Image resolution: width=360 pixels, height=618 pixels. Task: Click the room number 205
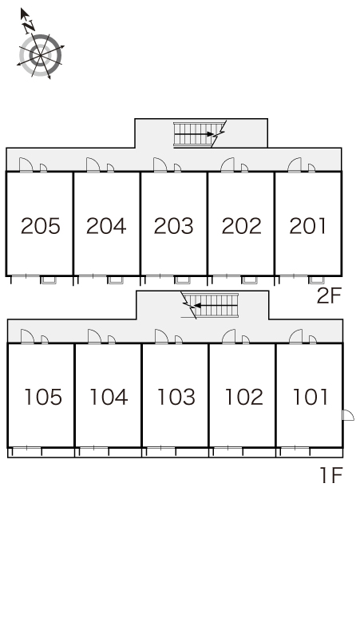tap(41, 226)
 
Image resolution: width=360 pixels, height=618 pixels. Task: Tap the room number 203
tap(174, 226)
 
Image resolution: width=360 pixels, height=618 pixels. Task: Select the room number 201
tap(307, 226)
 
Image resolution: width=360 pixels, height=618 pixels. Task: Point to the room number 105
tap(43, 397)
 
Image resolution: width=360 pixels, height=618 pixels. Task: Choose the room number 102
tap(243, 397)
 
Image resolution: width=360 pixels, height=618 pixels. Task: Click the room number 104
tap(109, 397)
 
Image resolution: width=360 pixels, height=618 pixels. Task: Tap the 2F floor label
tap(329, 296)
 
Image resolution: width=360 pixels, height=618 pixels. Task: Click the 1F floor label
tap(330, 475)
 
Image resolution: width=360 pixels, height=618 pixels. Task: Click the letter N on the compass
tap(29, 27)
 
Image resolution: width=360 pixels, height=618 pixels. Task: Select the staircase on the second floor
tap(198, 134)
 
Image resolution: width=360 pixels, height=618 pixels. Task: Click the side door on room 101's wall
tap(348, 415)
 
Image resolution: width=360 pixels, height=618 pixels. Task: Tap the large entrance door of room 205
tap(26, 164)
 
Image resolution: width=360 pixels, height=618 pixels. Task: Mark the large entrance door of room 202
tap(227, 164)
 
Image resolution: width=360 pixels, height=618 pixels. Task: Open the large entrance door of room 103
tap(161, 337)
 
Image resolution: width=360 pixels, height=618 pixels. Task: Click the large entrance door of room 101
tap(296, 337)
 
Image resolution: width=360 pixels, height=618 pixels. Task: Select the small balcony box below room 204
tap(115, 279)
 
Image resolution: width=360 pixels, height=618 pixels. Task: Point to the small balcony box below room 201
tap(316, 279)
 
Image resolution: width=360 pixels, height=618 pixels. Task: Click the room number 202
tap(241, 226)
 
